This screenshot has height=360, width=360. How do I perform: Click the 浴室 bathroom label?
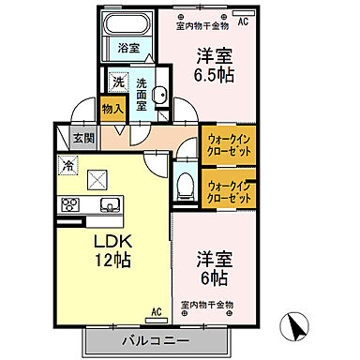127,46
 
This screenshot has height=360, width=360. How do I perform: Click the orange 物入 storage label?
112,110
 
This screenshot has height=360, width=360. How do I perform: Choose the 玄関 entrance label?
83,139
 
